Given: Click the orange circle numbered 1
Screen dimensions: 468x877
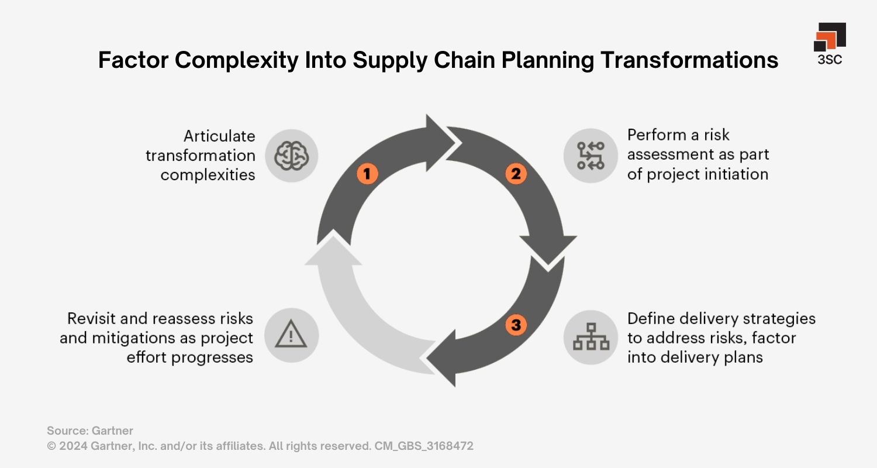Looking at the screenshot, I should (367, 173).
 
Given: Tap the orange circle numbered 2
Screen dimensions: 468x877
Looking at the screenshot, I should (516, 174).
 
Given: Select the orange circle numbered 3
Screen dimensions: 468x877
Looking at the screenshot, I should (516, 325).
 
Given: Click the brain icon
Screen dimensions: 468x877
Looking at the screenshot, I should (291, 156).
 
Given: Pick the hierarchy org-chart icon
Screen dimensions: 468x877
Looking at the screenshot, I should (591, 338).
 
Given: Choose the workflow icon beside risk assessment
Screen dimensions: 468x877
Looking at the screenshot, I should (591, 156).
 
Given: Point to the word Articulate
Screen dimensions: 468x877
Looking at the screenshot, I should (219, 136).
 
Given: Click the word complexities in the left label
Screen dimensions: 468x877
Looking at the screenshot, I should (208, 175).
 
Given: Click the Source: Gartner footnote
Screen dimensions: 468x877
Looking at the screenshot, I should (90, 431).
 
